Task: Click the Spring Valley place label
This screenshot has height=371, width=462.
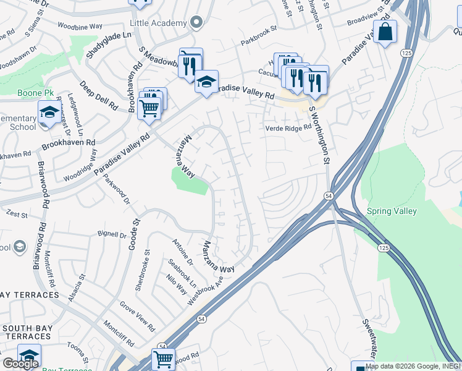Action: [392, 211]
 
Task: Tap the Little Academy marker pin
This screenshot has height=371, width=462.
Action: [196, 23]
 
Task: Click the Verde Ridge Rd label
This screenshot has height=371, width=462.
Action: [287, 128]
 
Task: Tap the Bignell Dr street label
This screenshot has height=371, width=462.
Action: [111, 234]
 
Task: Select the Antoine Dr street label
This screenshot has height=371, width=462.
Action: [183, 254]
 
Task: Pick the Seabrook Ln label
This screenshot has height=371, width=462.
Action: [182, 273]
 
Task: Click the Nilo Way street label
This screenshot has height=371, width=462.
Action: [178, 286]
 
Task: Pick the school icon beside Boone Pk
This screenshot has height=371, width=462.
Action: [49, 113]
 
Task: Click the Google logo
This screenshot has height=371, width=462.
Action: [20, 364]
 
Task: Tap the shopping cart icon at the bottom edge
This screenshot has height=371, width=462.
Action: [163, 359]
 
